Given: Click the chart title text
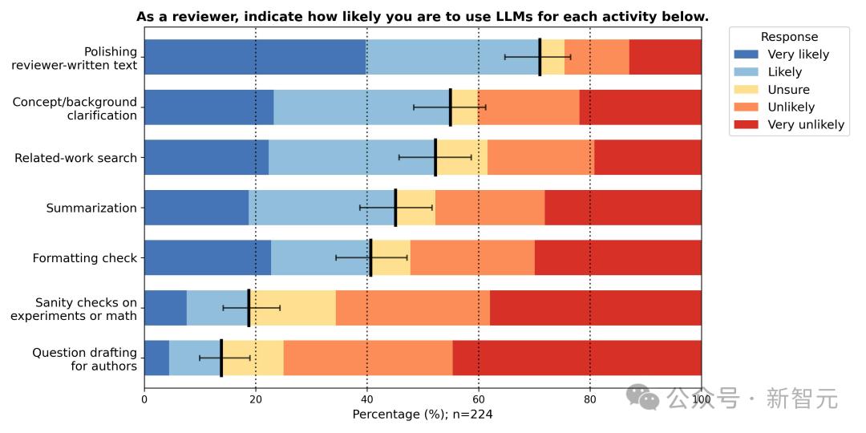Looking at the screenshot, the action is point(423,17).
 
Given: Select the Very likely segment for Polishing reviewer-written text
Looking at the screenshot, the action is point(255,57).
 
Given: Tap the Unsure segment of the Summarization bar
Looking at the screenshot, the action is point(415,208).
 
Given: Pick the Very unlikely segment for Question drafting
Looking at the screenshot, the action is point(577,358).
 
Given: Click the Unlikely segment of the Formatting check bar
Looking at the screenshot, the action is point(472,258).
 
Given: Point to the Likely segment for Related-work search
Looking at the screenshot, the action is point(352,157).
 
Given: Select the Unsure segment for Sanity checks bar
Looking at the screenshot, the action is point(292,308).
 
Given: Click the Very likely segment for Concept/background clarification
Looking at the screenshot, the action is point(208,107).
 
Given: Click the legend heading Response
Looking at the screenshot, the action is point(789,37).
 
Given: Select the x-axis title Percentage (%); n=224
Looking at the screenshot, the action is point(423,415).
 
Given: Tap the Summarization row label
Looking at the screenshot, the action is point(91,208).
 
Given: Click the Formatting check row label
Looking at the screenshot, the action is point(84,258).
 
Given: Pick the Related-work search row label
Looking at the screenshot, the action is point(75,158).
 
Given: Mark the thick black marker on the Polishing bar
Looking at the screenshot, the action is point(540,57).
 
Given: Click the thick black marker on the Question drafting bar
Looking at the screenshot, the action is point(221,358).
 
